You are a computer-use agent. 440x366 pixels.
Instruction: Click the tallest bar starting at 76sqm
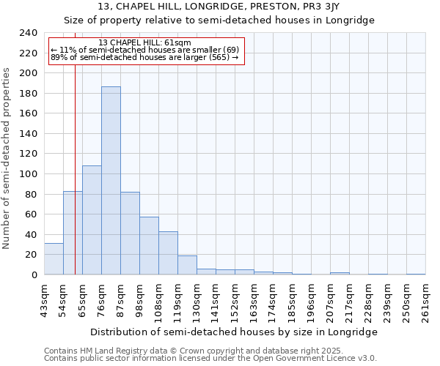tap(111, 181)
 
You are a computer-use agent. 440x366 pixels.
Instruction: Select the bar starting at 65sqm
tap(92, 220)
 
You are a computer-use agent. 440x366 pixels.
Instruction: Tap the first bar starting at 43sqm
tap(54, 259)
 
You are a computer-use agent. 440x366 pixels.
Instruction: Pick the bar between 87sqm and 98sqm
tap(130, 233)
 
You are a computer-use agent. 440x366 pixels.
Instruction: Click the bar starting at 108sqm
tap(168, 253)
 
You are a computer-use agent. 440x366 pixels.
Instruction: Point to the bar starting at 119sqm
tap(187, 265)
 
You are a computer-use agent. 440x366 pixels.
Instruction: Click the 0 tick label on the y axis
tap(34, 274)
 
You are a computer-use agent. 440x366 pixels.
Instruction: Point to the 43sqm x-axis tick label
tap(44, 299)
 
